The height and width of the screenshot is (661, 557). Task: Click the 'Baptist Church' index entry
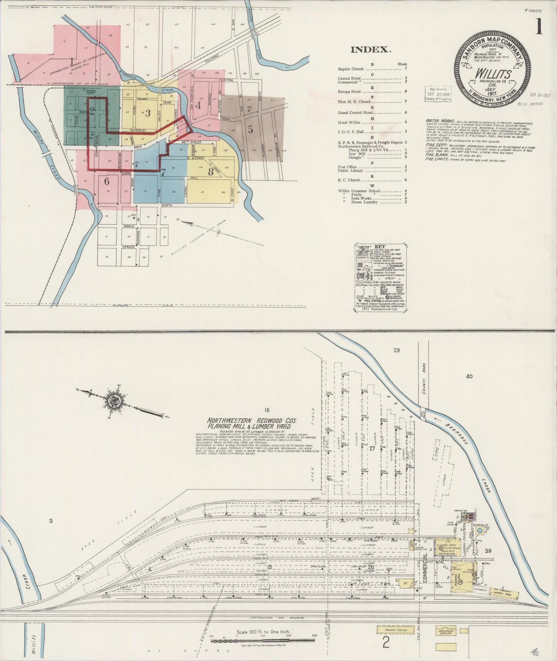click(351, 69)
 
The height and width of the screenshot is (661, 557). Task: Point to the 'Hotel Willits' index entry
click(349, 122)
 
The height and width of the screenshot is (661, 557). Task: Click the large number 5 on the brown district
click(251, 130)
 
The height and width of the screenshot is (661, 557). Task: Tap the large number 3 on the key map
click(148, 113)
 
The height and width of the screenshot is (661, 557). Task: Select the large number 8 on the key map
click(210, 172)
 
